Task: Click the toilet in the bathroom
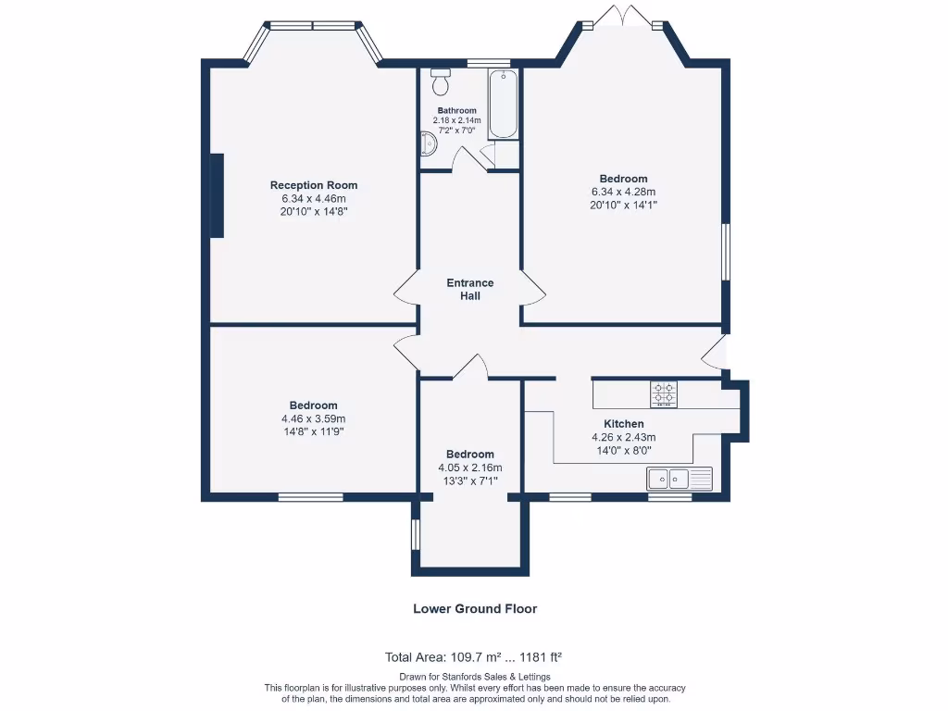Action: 441,81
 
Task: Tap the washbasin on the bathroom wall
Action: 428,144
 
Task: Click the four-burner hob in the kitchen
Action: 663,393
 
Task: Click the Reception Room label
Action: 313,185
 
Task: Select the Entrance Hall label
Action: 470,290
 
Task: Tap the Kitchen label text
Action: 623,424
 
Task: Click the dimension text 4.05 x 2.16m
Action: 469,468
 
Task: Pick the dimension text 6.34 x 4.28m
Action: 623,192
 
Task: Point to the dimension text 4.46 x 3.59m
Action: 313,418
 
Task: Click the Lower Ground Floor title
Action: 474,609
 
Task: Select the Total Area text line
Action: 474,657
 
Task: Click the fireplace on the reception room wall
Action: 216,195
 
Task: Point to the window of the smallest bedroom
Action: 416,534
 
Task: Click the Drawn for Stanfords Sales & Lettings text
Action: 474,677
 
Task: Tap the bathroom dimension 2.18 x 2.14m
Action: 456,120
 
